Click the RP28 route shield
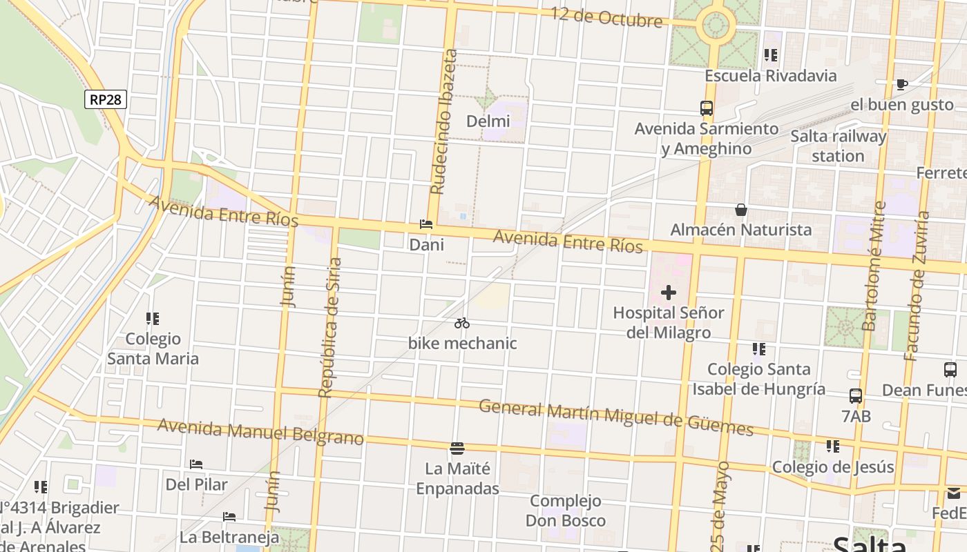coord(106,99)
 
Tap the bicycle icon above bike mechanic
coord(462,323)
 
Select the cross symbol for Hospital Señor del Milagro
coord(668,293)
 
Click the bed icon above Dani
coord(426,225)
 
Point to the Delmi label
coord(488,121)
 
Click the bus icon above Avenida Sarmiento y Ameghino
coord(706,108)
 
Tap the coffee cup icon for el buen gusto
coord(901,85)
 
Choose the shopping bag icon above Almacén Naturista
coord(741,209)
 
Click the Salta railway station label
coord(838,146)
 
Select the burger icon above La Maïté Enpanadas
coord(457,448)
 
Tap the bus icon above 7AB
coord(856,396)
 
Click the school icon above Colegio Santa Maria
coord(153,319)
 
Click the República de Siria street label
coord(330,328)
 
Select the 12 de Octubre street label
coord(606,17)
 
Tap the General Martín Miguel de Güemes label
coord(615,417)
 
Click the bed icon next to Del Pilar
coord(196,464)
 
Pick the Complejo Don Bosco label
coord(566,511)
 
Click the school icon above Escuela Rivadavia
coord(771,55)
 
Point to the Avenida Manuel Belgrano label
coord(260,431)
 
